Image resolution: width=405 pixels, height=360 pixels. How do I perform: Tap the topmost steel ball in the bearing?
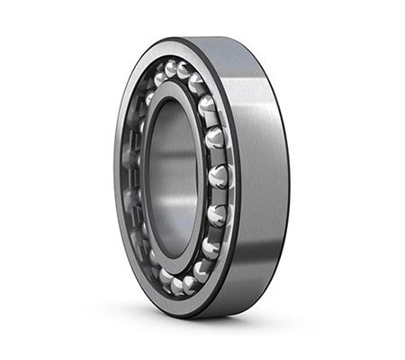click(x=168, y=69)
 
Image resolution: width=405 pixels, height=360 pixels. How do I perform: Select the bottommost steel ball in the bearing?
click(x=177, y=285)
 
